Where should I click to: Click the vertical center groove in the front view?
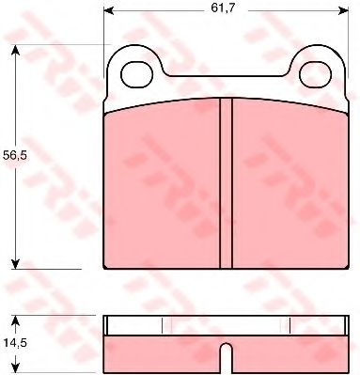pyautogui.click(x=226, y=183)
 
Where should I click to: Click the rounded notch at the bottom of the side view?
pyautogui.click(x=226, y=355)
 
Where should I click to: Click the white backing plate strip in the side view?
pyautogui.click(x=226, y=325)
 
